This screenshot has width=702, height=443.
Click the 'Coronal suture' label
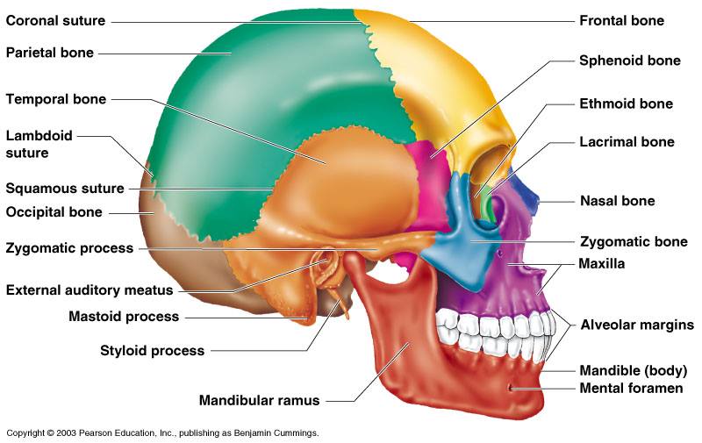click(55, 20)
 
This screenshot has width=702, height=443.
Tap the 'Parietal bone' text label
click(49, 53)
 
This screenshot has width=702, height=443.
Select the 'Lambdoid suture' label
click(39, 144)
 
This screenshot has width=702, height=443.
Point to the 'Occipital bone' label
click(54, 211)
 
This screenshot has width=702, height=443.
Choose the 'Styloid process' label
click(152, 351)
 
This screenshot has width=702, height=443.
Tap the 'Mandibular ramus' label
click(259, 401)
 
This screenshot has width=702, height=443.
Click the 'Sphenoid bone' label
click(629, 61)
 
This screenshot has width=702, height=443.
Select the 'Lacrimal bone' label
click(627, 141)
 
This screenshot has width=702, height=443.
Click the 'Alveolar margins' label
click(637, 325)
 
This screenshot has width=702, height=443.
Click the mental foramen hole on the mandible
click(512, 387)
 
